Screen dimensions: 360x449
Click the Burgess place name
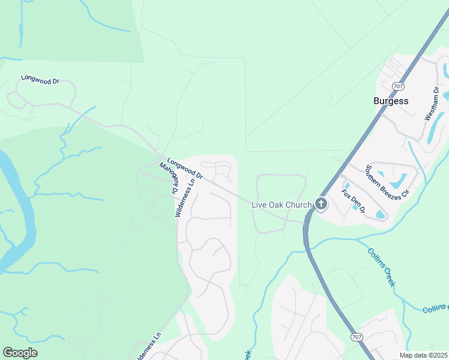point(390,101)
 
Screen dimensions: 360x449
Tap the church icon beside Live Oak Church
point(321,204)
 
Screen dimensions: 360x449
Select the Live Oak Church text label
point(281,205)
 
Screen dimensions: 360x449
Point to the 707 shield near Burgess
point(398,86)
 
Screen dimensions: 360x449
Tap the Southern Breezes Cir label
point(387,182)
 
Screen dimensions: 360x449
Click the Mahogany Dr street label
point(169,178)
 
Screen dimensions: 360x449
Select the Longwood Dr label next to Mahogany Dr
point(185,169)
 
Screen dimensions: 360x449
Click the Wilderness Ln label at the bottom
point(148,346)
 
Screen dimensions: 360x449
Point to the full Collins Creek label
point(381,267)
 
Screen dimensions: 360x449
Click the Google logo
point(20,353)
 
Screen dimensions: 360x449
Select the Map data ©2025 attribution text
point(423,355)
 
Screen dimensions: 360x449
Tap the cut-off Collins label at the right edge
point(435,309)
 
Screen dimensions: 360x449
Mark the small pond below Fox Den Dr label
point(380,214)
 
